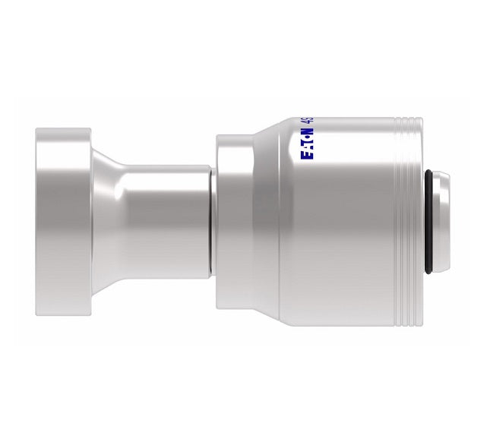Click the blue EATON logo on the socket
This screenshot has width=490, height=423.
pyautogui.click(x=308, y=144)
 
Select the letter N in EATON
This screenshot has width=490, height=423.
pyautogui.click(x=308, y=131)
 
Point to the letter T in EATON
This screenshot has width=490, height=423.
pyautogui.click(x=308, y=144)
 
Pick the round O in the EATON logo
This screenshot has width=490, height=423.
pyautogui.click(x=308, y=137)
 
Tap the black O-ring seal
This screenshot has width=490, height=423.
pyautogui.click(x=431, y=220)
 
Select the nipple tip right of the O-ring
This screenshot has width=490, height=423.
pyautogui.click(x=443, y=220)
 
